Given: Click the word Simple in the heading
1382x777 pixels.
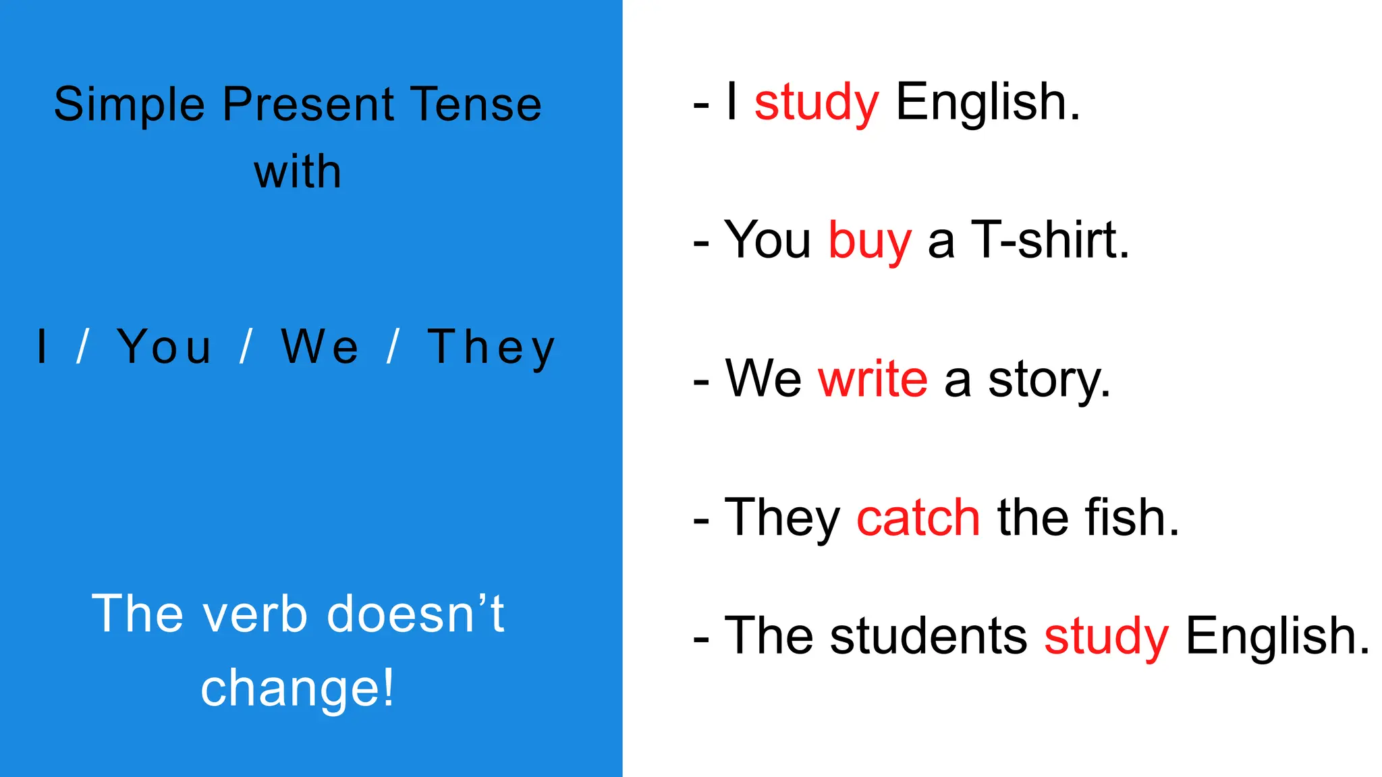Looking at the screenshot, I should click(x=129, y=105).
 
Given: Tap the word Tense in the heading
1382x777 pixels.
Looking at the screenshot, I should click(x=476, y=105).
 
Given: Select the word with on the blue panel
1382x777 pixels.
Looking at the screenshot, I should click(x=298, y=172).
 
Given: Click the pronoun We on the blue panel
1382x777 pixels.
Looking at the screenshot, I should click(x=320, y=347).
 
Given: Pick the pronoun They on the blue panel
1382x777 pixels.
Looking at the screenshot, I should click(x=491, y=349).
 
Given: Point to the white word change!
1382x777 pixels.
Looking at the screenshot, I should click(x=298, y=689).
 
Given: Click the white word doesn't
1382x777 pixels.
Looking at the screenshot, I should click(x=415, y=614).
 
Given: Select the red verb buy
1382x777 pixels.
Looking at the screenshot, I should click(x=870, y=241).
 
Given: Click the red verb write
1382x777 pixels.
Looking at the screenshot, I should click(x=873, y=379).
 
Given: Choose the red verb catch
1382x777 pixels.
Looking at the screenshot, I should click(x=918, y=518).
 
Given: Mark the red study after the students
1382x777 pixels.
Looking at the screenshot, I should click(x=1106, y=637).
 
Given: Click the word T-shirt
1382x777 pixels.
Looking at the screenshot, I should click(x=1050, y=240).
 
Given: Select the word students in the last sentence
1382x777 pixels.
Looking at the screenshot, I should click(x=929, y=636).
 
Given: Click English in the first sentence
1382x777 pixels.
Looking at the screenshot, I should click(x=987, y=103).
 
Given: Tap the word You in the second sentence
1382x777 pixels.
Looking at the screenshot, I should click(x=767, y=240).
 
